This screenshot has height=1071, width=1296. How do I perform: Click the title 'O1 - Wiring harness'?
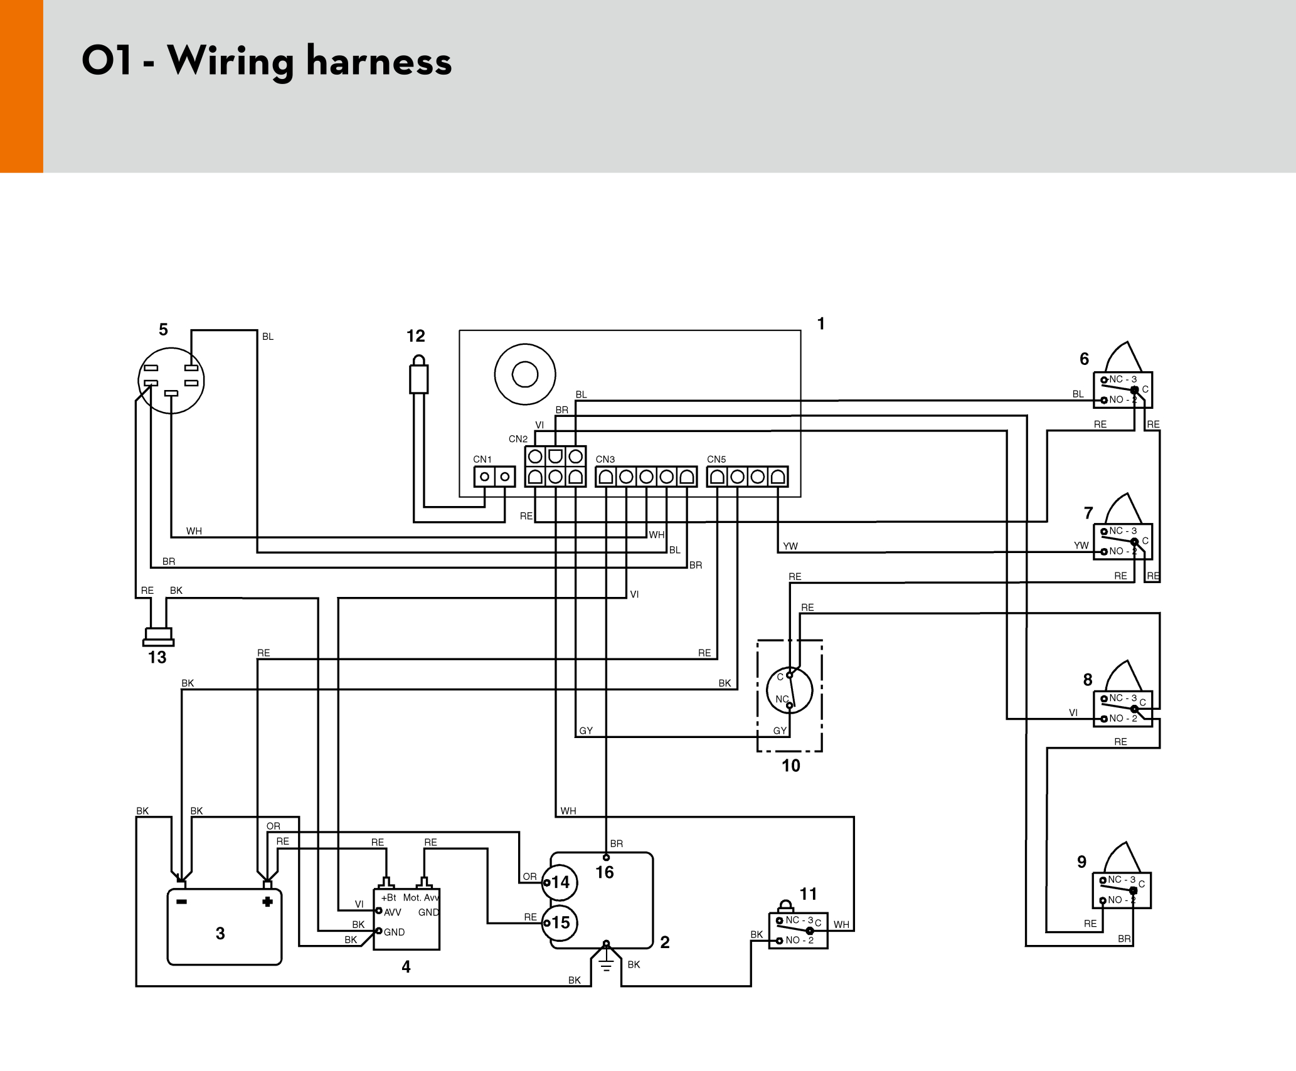267,61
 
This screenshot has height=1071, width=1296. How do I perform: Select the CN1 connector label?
482,460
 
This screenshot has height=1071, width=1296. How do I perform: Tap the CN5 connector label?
716,460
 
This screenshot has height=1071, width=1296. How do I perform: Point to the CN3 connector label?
605,460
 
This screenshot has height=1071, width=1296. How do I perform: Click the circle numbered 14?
560,882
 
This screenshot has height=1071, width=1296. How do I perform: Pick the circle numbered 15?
560,922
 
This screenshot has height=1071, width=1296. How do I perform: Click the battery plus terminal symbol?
267,902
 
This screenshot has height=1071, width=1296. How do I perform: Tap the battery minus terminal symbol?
181,902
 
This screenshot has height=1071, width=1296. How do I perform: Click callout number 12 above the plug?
415,336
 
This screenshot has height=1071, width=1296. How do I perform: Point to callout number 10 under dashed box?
790,766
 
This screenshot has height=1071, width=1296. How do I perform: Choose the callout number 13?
157,657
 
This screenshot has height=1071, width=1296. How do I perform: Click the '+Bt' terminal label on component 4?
388,897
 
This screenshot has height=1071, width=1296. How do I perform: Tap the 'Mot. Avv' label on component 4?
421,897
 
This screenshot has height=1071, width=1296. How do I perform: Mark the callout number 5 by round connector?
163,330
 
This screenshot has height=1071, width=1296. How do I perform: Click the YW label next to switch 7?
1081,546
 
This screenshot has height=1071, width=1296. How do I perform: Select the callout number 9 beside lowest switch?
1081,862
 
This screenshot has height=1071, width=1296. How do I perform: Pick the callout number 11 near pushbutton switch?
808,894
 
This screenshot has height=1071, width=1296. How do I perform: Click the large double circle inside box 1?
525,374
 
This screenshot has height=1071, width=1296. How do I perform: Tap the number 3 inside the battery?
220,934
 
